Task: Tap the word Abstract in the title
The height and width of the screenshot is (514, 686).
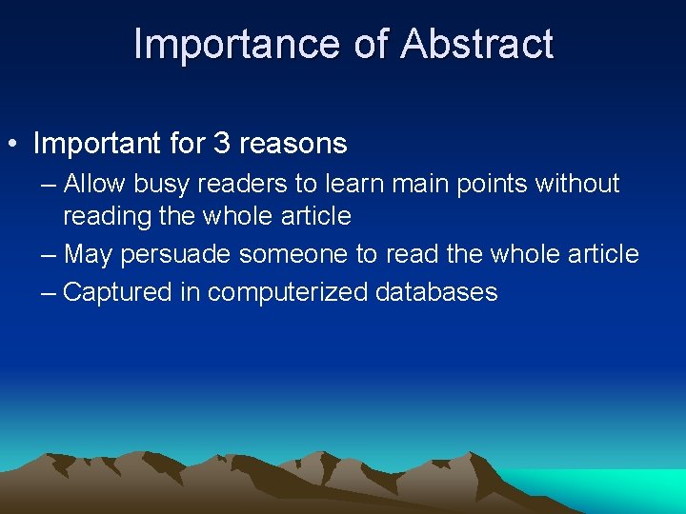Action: (477, 44)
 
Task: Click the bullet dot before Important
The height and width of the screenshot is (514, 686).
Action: (13, 145)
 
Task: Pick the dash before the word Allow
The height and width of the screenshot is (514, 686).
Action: (49, 184)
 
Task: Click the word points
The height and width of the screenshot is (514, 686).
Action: (486, 184)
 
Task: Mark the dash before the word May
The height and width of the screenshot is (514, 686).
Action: (49, 255)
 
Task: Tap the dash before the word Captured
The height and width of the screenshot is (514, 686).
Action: (49, 292)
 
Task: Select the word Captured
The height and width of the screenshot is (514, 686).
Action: (117, 292)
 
